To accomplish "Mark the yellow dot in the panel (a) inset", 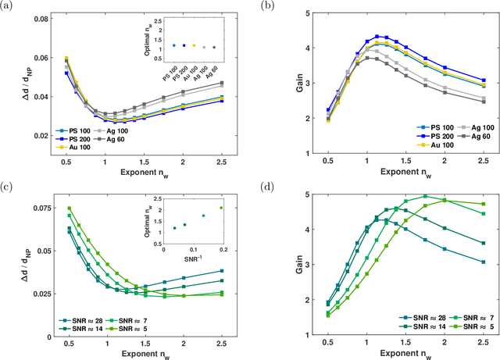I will pos(194,46).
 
